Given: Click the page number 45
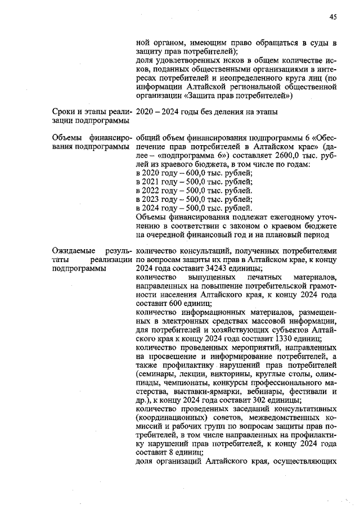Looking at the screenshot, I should (332, 17).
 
